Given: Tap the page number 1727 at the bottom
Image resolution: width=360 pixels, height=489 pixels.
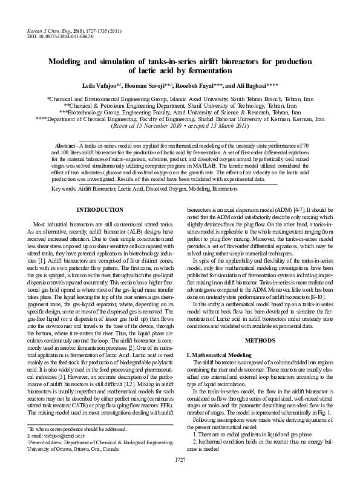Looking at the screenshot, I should [180, 478].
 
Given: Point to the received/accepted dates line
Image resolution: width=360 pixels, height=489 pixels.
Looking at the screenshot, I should [180, 126].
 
